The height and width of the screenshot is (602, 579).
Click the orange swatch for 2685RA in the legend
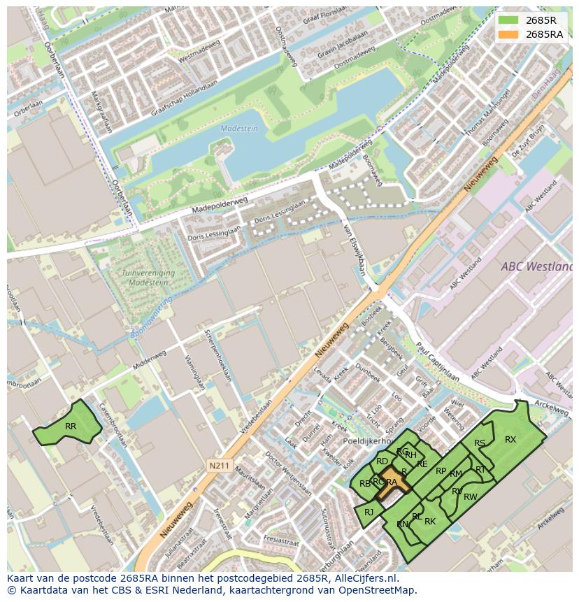click(x=509, y=34)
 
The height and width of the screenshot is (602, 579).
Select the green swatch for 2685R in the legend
click(x=509, y=20)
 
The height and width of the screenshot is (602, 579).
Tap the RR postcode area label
click(x=71, y=426)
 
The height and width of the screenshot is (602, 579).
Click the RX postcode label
click(x=510, y=439)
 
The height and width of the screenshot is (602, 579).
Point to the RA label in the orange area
click(x=392, y=482)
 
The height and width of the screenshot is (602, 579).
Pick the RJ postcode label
click(x=369, y=513)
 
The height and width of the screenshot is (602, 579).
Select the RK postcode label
click(x=430, y=521)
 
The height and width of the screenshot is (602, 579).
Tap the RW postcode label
click(x=471, y=497)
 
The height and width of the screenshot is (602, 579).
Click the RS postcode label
click(x=480, y=443)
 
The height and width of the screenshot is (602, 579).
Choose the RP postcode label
click(x=441, y=471)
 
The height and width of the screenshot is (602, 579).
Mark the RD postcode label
click(x=382, y=461)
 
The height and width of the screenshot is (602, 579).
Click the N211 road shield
click(x=219, y=464)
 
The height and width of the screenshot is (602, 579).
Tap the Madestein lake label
click(x=239, y=128)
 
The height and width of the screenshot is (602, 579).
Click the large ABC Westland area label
click(x=536, y=266)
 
